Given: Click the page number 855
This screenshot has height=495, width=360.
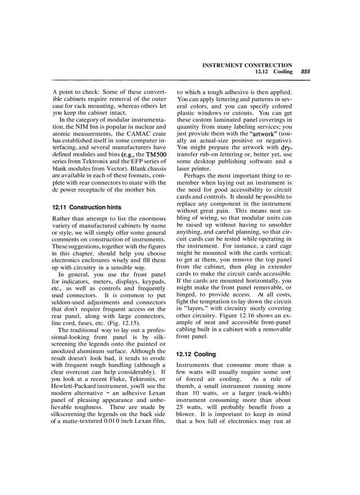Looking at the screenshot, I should click(305, 71).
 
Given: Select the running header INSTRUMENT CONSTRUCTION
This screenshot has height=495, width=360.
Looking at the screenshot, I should click(247, 65).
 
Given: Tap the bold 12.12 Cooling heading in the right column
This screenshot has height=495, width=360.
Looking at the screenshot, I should click(196, 354).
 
